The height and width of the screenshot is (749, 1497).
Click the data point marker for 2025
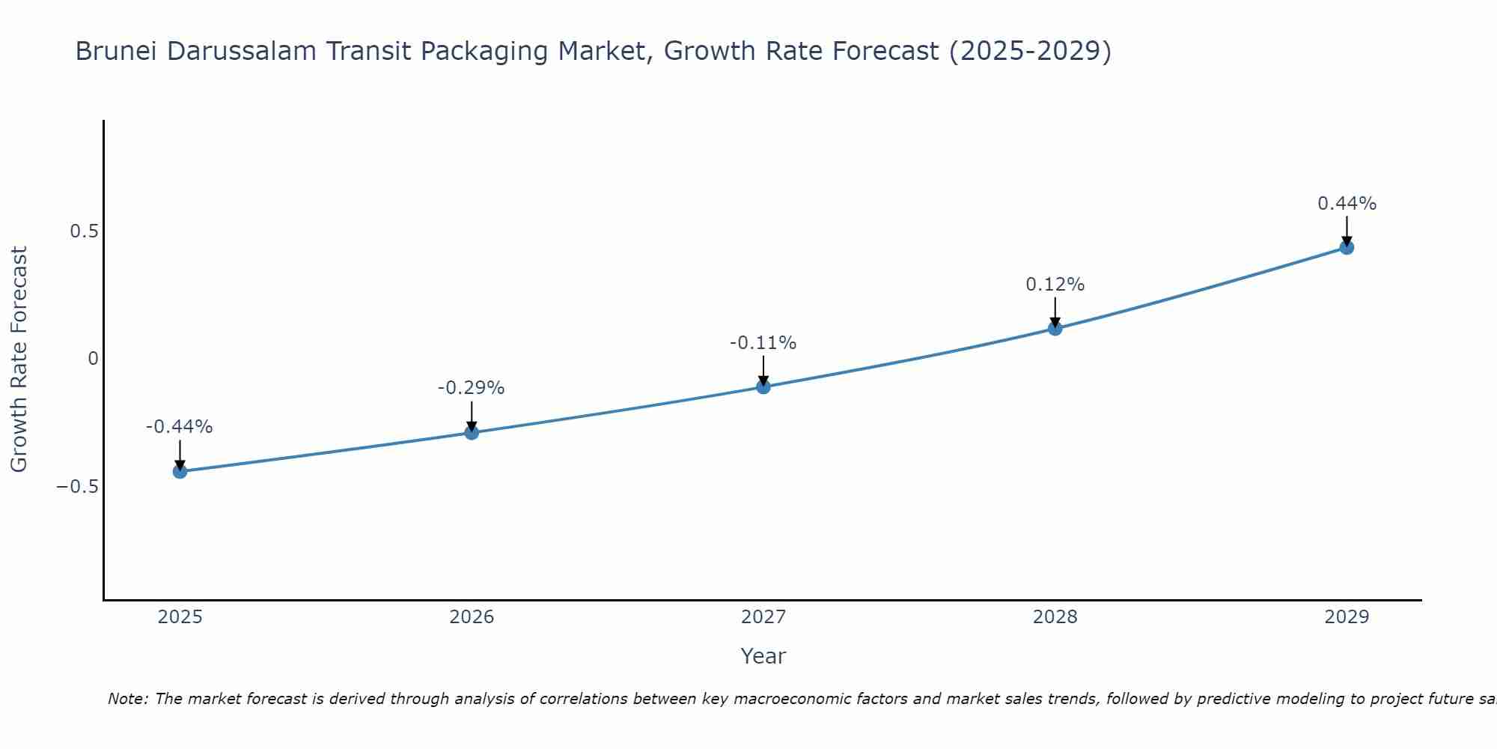[x=180, y=471]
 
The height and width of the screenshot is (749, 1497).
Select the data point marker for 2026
[x=472, y=432]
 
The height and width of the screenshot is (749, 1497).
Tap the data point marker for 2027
[x=763, y=386]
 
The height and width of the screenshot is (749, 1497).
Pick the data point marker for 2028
[x=1055, y=328]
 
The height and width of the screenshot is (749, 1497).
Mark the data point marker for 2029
[x=1347, y=247]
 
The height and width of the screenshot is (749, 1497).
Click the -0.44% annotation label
[x=180, y=427]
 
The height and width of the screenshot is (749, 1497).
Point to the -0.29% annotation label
[x=472, y=388]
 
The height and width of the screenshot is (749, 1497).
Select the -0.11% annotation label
[x=763, y=343]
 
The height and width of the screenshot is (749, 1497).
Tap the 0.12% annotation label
[x=1055, y=285]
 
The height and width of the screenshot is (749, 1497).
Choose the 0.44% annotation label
[x=1347, y=204]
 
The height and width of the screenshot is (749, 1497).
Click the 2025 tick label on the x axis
[x=180, y=617]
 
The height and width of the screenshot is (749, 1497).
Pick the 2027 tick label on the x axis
[x=763, y=617]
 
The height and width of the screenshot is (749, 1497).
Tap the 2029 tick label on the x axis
[x=1347, y=617]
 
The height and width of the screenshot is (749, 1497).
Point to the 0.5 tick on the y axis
[x=84, y=231]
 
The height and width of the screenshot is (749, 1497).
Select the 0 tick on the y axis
[x=93, y=359]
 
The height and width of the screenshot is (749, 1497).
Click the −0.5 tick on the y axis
[x=77, y=487]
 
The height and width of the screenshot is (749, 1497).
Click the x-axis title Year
[x=763, y=657]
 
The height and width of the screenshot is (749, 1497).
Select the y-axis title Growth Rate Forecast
[x=19, y=359]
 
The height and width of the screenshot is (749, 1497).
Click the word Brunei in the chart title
[x=117, y=52]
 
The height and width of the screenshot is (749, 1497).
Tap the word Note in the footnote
[x=127, y=699]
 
